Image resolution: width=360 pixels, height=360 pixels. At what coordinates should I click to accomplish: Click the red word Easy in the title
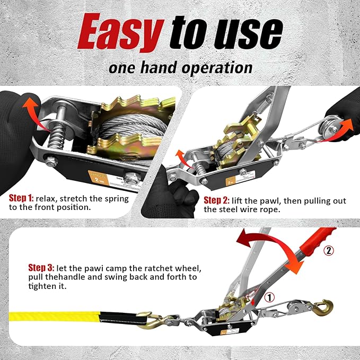click(x=120, y=32)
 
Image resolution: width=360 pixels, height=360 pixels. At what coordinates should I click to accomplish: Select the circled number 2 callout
click(x=329, y=250)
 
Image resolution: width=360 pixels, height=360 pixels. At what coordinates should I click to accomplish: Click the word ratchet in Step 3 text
click(x=155, y=267)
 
